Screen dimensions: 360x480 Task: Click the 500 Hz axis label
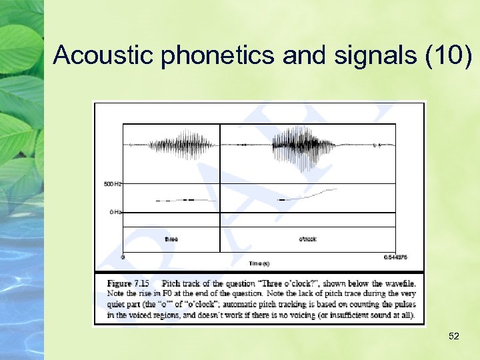point(113,183)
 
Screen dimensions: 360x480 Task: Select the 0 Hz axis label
point(115,212)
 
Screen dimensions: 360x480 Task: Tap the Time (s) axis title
point(259,263)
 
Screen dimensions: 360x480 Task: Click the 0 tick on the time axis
point(123,256)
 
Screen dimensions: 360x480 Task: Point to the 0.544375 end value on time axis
point(395,256)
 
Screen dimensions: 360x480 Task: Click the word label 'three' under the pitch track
point(171,239)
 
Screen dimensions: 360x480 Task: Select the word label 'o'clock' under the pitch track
point(307,239)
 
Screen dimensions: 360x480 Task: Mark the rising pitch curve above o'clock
point(313,194)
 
